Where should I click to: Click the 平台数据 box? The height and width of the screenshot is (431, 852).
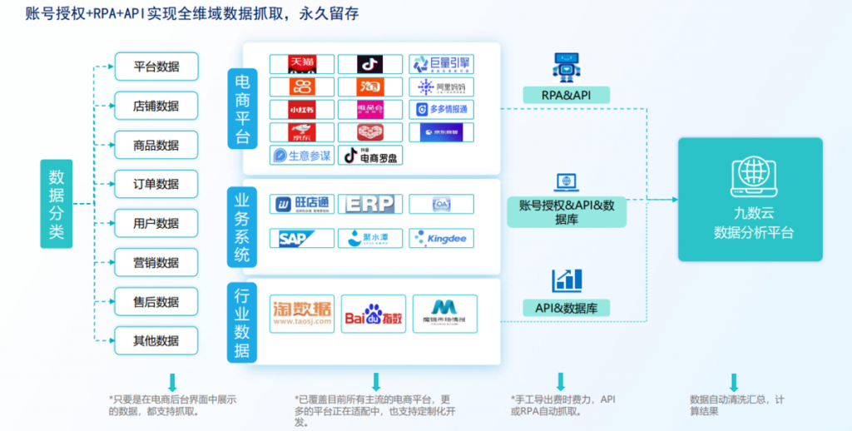pos(156,67)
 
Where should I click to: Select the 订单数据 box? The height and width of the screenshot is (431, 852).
pos(156,184)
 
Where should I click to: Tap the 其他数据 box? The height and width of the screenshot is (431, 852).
pos(156,341)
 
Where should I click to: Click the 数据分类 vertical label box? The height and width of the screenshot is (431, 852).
pos(57,204)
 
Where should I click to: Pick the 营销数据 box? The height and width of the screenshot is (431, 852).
pos(156,263)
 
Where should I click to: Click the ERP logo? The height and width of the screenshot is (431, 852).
pos(371,204)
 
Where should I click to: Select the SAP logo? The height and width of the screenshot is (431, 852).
pos(302,239)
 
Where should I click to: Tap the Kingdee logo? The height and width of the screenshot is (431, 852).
pos(442,239)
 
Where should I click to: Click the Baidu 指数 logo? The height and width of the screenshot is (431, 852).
pos(374,315)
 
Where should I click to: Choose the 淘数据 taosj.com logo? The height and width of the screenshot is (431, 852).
pos(302,315)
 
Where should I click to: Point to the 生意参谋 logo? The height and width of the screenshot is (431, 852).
pos(302,156)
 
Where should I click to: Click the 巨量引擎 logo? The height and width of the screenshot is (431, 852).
pos(442,64)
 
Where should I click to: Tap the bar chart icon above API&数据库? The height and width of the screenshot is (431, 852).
pos(567,280)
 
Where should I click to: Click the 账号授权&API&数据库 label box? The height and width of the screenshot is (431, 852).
pos(567,212)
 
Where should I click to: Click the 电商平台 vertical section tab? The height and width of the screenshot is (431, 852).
pos(243,109)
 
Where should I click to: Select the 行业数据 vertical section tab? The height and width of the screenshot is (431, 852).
pos(242,321)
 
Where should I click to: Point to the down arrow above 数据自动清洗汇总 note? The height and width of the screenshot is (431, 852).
pos(733,382)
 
